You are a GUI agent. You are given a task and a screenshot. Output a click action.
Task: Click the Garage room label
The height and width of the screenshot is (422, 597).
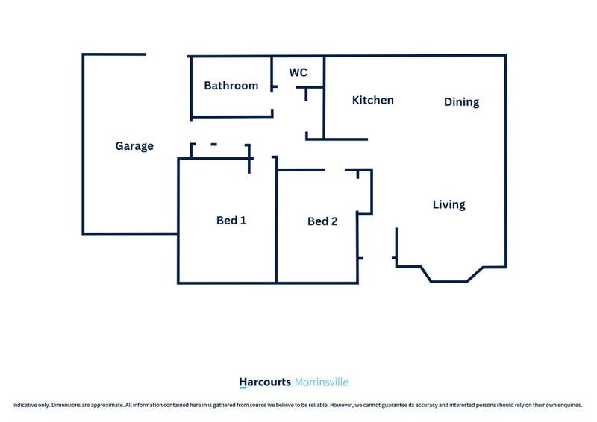pyautogui.click(x=134, y=146)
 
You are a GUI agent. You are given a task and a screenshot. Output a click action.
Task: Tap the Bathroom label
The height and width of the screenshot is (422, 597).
pyautogui.click(x=231, y=86)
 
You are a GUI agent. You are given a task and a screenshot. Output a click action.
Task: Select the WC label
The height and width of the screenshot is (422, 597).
pyautogui.click(x=298, y=72)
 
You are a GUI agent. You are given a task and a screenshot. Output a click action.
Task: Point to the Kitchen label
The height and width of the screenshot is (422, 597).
pyautogui.click(x=372, y=100)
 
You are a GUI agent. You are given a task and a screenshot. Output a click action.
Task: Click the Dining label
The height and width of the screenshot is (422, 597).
pyautogui.click(x=461, y=102)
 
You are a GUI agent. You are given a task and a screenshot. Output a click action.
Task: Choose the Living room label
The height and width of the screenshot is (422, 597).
pyautogui.click(x=449, y=205)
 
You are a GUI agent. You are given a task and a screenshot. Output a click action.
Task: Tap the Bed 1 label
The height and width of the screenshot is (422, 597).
pyautogui.click(x=231, y=221)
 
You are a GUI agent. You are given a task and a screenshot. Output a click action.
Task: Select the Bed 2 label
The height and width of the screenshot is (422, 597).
pyautogui.click(x=322, y=221)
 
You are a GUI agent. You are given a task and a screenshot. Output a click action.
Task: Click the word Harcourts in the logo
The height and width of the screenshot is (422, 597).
pyautogui.click(x=265, y=382)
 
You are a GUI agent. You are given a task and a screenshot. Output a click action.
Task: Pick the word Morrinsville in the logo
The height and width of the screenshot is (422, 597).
pyautogui.click(x=322, y=382)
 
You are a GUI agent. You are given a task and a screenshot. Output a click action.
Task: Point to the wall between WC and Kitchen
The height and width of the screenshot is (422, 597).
pyautogui.click(x=324, y=98)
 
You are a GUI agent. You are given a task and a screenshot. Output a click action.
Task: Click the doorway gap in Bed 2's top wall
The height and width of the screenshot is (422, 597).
pyautogui.click(x=335, y=170)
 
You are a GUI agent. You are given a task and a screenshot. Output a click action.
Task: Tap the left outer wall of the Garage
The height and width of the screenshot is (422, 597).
pyautogui.click(x=83, y=144)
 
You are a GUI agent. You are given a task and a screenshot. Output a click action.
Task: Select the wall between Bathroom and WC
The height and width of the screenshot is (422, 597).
pyautogui.click(x=272, y=74)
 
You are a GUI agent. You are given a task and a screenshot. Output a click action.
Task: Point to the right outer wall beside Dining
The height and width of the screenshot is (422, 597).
pyautogui.click(x=506, y=161)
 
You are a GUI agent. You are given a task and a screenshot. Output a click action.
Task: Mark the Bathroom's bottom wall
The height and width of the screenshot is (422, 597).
pyautogui.click(x=232, y=116)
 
